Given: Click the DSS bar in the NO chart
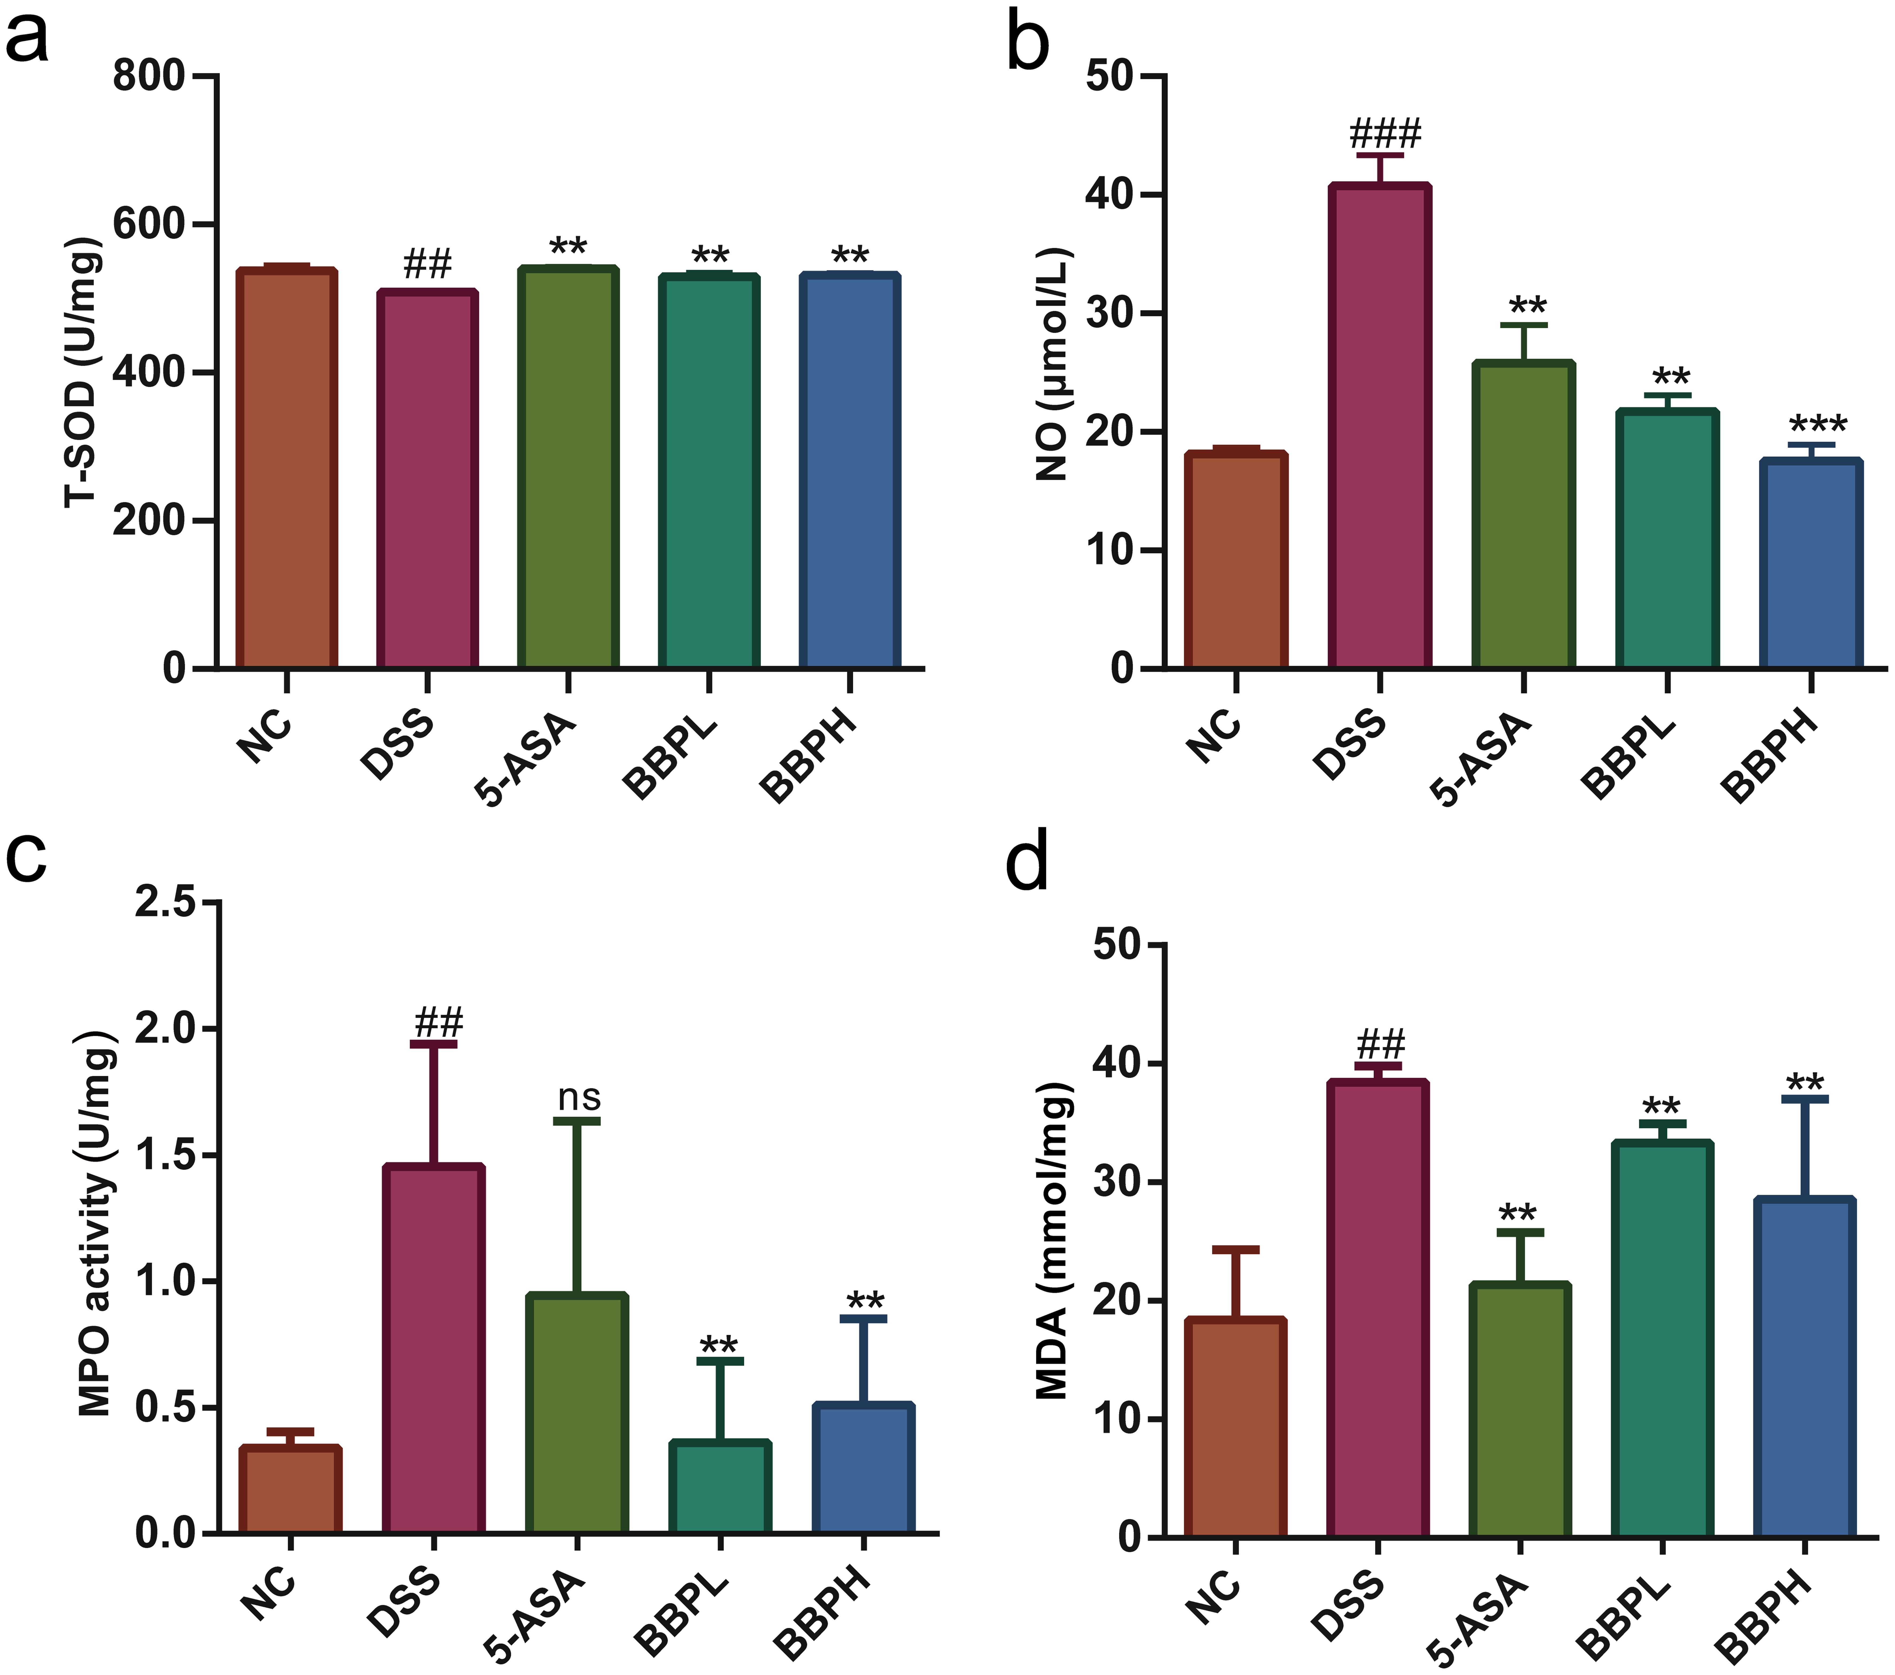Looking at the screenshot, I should tap(1379, 426).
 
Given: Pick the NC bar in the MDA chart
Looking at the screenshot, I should tap(1236, 1427).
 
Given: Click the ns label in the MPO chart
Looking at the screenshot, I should tap(579, 1098).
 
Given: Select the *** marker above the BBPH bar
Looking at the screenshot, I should tap(1817, 425).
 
